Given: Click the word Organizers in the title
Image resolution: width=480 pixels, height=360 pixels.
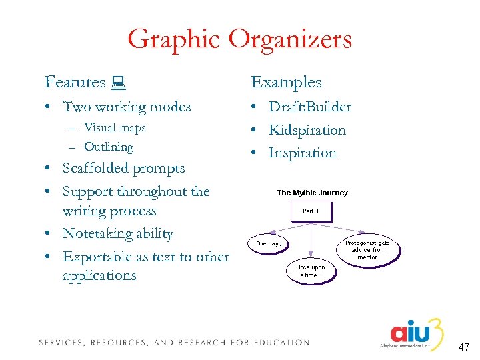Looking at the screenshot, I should pos(290,40).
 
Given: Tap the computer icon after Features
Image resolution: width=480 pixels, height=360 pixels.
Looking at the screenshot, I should pos(120,83).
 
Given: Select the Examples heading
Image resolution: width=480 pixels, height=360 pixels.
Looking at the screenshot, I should pos(286,83).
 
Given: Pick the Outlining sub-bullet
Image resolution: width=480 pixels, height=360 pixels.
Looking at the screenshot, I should pos(109,147).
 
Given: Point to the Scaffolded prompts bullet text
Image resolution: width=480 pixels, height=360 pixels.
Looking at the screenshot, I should pos(123,168).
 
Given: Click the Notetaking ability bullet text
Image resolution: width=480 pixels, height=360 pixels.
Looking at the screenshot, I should pos(117,234).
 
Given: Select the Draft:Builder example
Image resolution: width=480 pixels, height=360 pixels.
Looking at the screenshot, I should pos(309,107).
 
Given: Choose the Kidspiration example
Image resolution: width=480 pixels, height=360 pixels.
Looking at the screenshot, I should pos(307,130).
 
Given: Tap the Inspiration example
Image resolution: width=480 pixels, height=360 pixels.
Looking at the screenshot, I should pos(302,153).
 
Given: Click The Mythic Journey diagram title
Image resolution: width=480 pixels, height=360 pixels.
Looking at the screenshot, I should pos(312,193).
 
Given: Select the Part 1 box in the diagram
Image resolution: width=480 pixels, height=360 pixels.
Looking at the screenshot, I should pos(311,211).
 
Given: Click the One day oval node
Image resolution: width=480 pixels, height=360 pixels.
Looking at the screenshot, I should pos(269,243).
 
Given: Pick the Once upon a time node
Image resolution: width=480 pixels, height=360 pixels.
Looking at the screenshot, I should pos(311,271).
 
